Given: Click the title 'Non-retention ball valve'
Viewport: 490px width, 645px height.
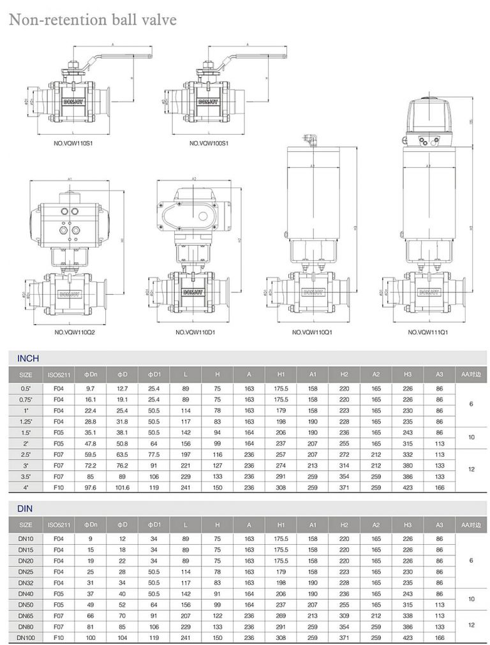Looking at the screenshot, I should pyautogui.click(x=93, y=20).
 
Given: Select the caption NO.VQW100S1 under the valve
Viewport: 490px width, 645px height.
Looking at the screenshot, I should pyautogui.click(x=209, y=144).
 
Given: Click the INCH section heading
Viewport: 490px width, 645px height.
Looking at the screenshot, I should pyautogui.click(x=28, y=359).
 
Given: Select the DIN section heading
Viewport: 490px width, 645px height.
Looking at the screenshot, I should pyautogui.click(x=25, y=508).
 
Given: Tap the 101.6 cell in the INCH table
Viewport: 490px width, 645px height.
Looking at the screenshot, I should pyautogui.click(x=122, y=487).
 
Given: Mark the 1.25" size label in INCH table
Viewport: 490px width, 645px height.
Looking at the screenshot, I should pyautogui.click(x=26, y=422).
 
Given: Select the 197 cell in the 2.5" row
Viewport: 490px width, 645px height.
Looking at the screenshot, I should pyautogui.click(x=186, y=454).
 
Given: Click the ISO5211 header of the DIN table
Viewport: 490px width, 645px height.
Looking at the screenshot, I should pyautogui.click(x=59, y=524).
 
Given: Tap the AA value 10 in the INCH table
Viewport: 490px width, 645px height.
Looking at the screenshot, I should pyautogui.click(x=471, y=438).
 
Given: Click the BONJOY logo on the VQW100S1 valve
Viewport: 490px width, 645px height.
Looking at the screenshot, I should pyautogui.click(x=208, y=101).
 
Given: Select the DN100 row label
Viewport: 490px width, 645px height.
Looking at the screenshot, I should pyautogui.click(x=26, y=637).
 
